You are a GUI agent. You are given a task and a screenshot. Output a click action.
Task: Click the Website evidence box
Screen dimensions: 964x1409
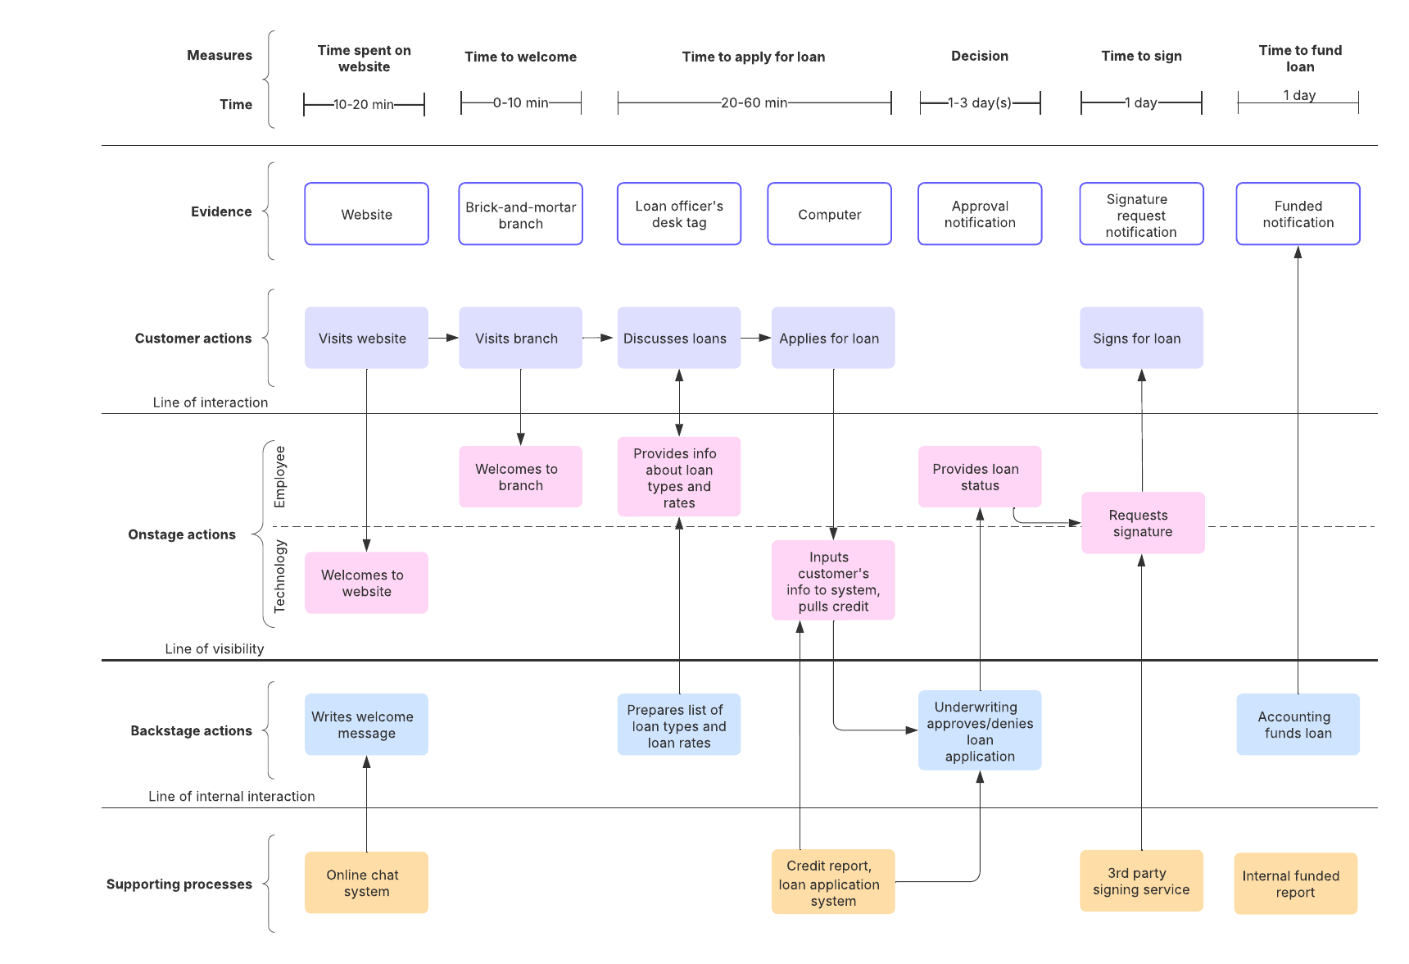(x=366, y=214)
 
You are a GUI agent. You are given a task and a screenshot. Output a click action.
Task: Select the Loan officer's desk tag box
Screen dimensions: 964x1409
(x=678, y=214)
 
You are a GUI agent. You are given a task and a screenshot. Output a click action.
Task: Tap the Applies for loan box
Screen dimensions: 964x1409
(x=832, y=338)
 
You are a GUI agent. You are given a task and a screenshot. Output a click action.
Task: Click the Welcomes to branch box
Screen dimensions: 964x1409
(x=520, y=477)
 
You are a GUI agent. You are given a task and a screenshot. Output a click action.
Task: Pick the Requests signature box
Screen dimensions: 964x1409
(x=1142, y=523)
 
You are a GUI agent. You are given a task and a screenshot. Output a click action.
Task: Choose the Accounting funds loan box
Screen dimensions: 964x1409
(x=1298, y=725)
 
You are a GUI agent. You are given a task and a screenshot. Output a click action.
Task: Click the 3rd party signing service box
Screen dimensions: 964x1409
(x=1141, y=881)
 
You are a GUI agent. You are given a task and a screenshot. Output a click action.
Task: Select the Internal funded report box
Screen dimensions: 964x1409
(x=1295, y=884)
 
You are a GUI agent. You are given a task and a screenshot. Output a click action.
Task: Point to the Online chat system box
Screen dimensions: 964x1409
(x=366, y=883)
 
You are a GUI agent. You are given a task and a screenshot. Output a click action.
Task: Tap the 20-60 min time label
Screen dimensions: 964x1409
(x=754, y=103)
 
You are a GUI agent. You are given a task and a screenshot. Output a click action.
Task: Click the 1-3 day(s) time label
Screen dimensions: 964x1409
(x=980, y=103)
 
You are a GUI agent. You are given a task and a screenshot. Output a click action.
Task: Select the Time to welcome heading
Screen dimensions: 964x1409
(x=520, y=57)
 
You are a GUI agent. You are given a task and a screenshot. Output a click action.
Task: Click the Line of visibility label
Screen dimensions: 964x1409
(x=215, y=648)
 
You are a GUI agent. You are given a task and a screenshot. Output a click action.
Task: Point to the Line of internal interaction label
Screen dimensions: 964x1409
(x=231, y=796)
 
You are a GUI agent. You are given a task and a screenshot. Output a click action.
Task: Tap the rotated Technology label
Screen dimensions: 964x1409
(x=280, y=576)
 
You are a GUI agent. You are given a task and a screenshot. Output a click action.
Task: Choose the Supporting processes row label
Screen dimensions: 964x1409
(x=179, y=884)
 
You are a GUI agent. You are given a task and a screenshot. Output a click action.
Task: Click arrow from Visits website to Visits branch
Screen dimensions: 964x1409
(x=443, y=338)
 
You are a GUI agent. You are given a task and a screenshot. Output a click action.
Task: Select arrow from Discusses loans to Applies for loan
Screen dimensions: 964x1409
(x=756, y=338)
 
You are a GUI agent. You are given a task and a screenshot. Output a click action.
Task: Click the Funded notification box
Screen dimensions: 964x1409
(x=1298, y=214)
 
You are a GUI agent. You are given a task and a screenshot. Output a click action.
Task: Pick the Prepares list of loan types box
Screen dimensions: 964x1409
(x=678, y=725)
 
